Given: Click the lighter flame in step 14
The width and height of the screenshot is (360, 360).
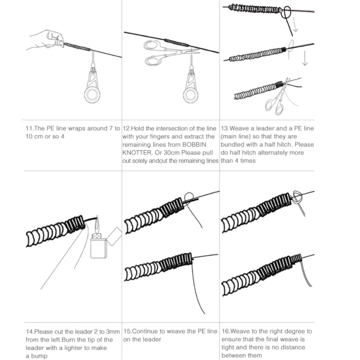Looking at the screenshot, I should (x=98, y=224).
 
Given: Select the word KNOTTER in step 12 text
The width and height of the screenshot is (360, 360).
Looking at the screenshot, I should (x=139, y=152).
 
